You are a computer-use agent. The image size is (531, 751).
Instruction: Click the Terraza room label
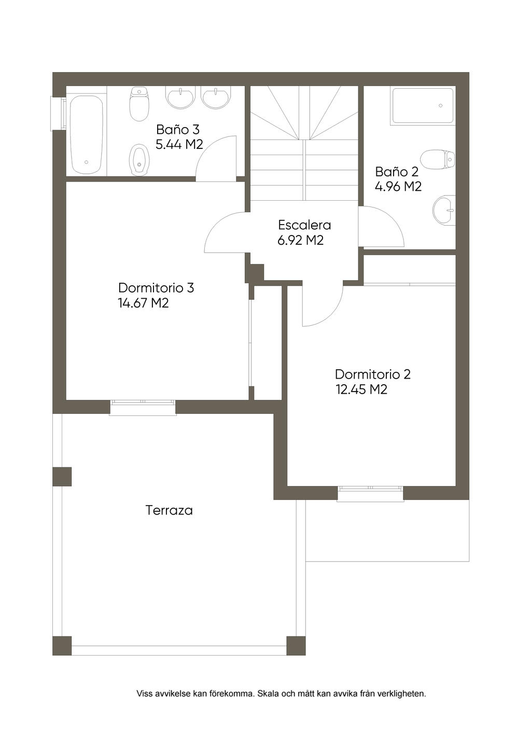(169, 510)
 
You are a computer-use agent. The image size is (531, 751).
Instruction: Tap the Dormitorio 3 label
(156, 288)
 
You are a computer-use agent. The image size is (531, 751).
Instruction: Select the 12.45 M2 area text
(361, 390)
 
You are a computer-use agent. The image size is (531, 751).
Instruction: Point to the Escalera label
(304, 225)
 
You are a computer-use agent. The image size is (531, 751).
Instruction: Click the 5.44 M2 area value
(179, 145)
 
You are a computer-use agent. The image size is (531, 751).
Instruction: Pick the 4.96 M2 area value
(398, 186)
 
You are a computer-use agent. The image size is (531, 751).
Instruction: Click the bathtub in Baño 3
(86, 134)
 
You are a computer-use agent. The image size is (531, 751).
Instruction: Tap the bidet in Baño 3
(139, 160)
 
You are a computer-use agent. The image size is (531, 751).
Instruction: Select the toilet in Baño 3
(139, 104)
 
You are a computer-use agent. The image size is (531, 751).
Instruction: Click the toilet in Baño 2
(438, 160)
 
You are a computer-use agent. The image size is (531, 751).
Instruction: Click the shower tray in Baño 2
(423, 105)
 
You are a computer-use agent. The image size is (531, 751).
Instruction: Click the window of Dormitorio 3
(143, 408)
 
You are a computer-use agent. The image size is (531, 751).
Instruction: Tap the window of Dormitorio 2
(370, 494)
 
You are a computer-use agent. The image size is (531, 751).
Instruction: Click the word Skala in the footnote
(266, 693)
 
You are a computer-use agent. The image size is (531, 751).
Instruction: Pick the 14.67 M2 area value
(143, 303)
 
